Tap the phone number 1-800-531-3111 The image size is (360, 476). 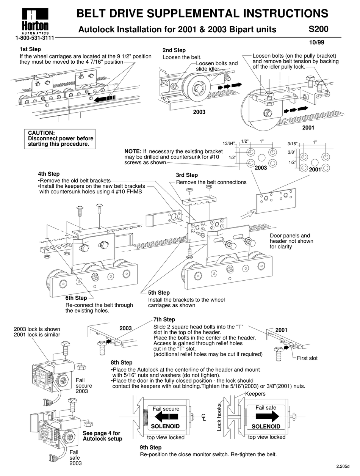point(34,38)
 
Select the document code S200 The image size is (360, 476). point(318,29)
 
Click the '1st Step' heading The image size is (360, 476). point(30,49)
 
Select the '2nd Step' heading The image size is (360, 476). point(174,50)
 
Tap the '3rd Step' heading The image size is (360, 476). point(187,175)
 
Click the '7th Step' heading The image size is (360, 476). point(164,319)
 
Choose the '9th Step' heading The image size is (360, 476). point(150,448)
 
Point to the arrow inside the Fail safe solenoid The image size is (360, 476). point(266,416)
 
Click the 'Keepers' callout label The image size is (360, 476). point(255,394)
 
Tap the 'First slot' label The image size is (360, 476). point(307,358)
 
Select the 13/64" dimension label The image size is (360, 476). point(229,143)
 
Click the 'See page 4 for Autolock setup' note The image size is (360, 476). point(102,436)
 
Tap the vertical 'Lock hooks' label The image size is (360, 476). point(219,417)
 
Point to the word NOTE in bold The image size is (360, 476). point(133,151)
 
